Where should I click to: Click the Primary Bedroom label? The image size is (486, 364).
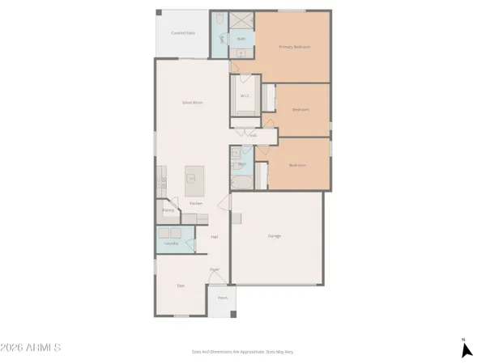pyautogui.click(x=295, y=48)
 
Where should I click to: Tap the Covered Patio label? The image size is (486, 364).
pyautogui.click(x=182, y=32)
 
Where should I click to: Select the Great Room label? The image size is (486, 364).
pyautogui.click(x=191, y=103)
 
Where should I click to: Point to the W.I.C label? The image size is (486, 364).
pyautogui.click(x=245, y=96)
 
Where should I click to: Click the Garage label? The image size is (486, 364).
pyautogui.click(x=275, y=235)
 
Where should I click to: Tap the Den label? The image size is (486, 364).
pyautogui.click(x=181, y=286)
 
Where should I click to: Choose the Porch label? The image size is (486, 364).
pyautogui.click(x=222, y=298)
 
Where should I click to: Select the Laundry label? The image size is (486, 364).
pyautogui.click(x=172, y=243)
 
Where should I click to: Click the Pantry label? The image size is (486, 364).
pyautogui.click(x=168, y=210)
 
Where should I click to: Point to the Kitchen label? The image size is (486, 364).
pyautogui.click(x=195, y=203)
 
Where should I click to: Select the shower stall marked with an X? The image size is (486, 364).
pyautogui.click(x=241, y=22)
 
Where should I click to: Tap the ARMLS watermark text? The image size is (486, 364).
pyautogui.click(x=32, y=349)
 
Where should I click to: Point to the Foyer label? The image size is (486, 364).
pyautogui.click(x=215, y=269)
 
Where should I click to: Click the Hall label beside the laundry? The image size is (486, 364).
pyautogui.click(x=215, y=237)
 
